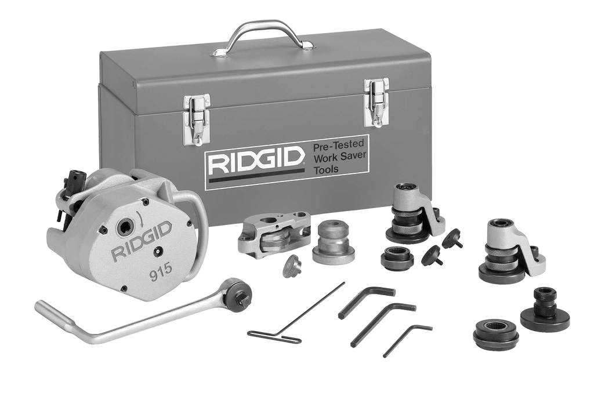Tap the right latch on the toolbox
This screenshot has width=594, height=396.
pos(376,101)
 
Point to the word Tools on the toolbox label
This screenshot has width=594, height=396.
pos(326,169)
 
